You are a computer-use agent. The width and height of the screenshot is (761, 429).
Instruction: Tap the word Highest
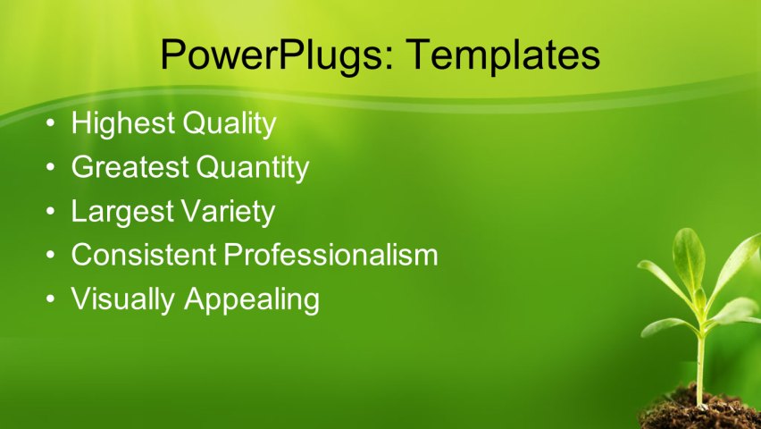(123, 123)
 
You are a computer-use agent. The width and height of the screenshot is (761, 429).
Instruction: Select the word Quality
(229, 123)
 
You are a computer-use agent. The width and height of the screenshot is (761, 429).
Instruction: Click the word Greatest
(130, 167)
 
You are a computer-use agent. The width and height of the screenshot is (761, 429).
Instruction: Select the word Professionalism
(330, 255)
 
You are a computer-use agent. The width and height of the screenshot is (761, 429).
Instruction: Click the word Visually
(124, 299)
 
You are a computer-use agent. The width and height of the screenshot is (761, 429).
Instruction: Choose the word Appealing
(252, 299)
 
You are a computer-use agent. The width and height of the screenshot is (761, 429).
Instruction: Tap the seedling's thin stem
(700, 357)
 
